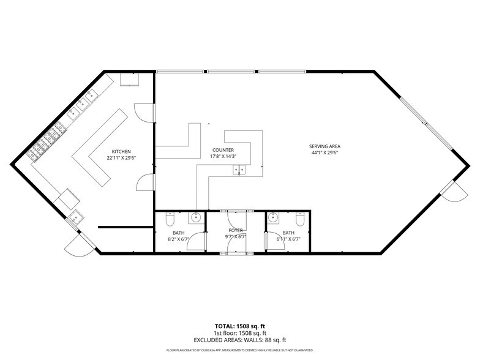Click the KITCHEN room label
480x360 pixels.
coord(121,151)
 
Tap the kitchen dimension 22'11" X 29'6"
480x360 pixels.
coord(121,158)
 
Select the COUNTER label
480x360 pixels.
coord(223,150)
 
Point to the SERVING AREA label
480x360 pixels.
coord(324,146)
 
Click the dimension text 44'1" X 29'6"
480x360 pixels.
coord(324,153)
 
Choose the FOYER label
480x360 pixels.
coord(236,230)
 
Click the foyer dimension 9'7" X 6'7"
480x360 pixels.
coord(236,236)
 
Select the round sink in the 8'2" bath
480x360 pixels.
coord(195,217)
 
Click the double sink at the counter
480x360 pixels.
coord(239,169)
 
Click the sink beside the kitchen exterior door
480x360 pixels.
coord(77,217)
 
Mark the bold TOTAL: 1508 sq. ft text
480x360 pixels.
coord(240,326)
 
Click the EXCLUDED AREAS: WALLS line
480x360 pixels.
coord(240,340)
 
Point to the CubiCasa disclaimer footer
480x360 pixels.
coord(240,350)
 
